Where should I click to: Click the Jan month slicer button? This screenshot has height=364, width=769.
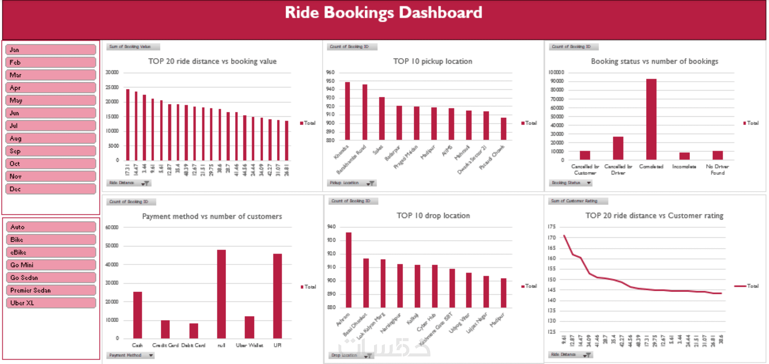tap(51, 50)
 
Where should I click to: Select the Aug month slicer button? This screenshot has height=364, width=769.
tap(51, 138)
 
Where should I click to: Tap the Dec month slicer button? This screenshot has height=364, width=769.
tap(51, 189)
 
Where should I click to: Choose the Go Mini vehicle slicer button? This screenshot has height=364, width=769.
tap(51, 265)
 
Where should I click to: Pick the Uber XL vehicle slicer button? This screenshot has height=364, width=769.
tap(51, 303)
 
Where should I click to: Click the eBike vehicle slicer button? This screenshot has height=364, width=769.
tap(51, 252)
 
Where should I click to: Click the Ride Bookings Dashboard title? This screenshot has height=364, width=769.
tap(383, 13)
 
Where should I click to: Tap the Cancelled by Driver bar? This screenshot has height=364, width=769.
tap(618, 148)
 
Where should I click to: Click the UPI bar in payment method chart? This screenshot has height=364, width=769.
tap(277, 296)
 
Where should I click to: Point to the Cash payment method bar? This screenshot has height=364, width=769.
tap(138, 315)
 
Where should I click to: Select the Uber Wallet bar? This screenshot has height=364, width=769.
tap(249, 327)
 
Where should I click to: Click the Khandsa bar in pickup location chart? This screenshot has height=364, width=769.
tap(347, 111)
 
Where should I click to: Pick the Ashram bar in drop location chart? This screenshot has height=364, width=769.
tap(349, 270)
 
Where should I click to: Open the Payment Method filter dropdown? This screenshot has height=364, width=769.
tap(151, 355)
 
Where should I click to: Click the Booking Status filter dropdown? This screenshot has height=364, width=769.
tap(589, 183)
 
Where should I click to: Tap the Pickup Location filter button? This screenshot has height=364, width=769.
tap(370, 183)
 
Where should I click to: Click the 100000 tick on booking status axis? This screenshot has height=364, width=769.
tap(557, 72)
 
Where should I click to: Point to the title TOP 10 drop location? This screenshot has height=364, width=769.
tap(433, 215)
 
